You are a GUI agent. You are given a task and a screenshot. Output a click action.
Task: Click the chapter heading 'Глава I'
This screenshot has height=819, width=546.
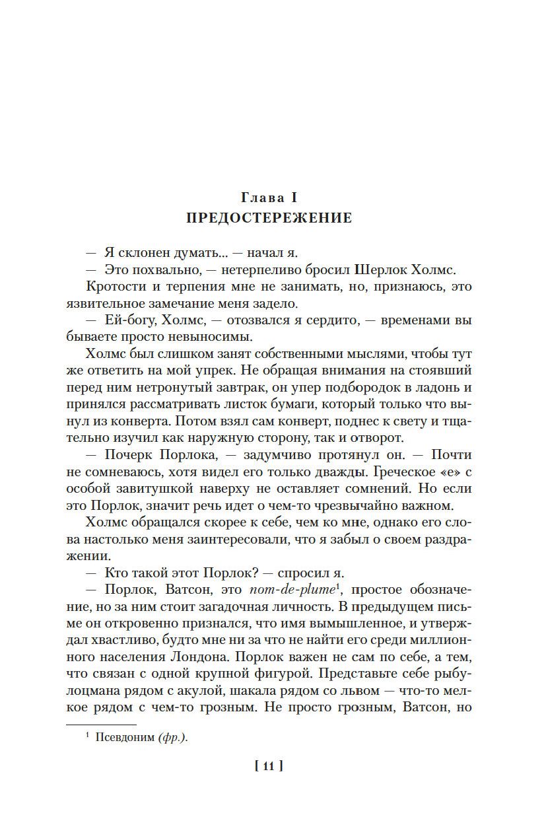272,197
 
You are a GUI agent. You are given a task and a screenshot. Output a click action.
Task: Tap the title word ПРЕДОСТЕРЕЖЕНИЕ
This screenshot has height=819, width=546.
272,218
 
